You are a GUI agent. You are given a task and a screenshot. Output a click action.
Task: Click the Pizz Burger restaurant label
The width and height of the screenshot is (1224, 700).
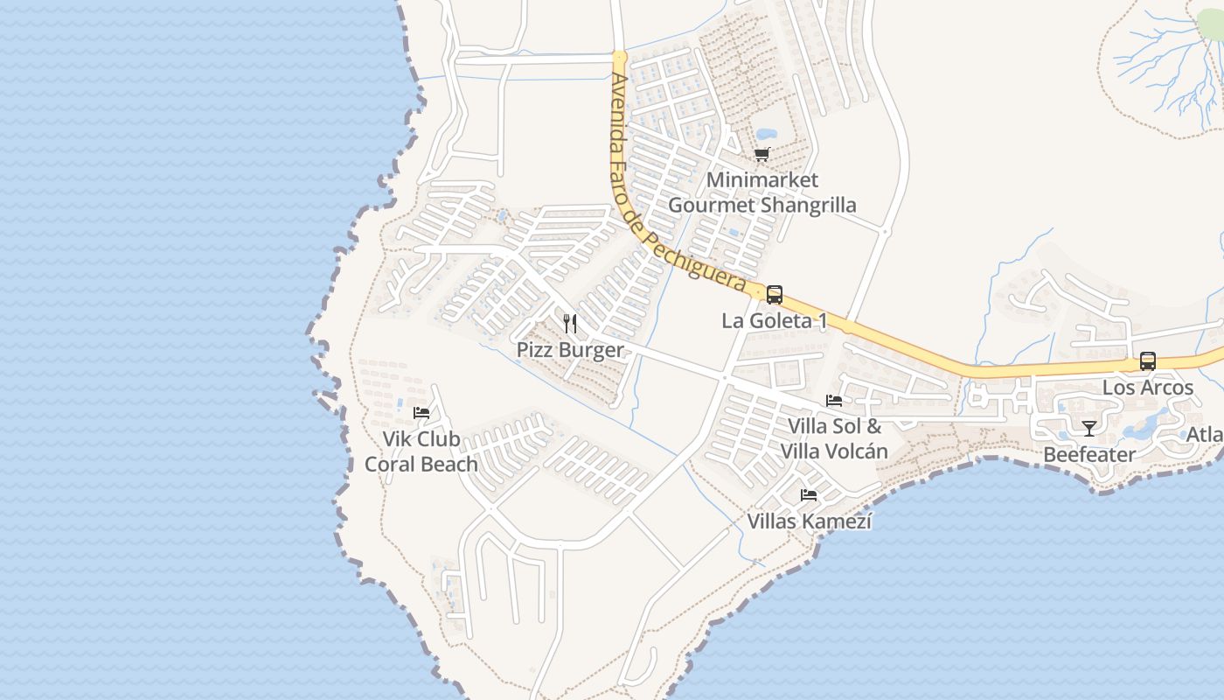pyautogui.click(x=570, y=350)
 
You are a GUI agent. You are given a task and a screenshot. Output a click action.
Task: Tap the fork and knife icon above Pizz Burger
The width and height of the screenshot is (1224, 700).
pyautogui.click(x=570, y=324)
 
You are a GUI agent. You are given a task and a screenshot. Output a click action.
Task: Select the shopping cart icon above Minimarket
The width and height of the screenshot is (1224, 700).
pyautogui.click(x=762, y=155)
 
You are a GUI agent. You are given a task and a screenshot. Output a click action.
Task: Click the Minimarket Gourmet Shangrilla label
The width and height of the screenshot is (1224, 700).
pyautogui.click(x=762, y=192)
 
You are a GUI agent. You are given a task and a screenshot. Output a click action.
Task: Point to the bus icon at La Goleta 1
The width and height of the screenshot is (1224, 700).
pyautogui.click(x=775, y=295)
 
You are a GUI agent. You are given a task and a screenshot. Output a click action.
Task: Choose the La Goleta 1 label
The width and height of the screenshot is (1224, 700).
pyautogui.click(x=774, y=321)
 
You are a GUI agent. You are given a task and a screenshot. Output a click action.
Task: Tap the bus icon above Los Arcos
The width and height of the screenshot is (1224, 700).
pyautogui.click(x=1147, y=361)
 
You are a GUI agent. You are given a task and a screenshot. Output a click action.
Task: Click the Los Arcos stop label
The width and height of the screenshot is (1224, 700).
pyautogui.click(x=1147, y=388)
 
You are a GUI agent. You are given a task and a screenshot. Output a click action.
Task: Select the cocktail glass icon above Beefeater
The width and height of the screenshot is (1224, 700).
pyautogui.click(x=1089, y=428)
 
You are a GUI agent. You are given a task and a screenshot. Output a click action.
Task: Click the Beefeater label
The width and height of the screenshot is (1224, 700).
pyautogui.click(x=1089, y=454)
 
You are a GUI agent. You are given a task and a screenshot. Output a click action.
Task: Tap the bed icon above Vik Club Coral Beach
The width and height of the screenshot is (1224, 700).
pyautogui.click(x=421, y=412)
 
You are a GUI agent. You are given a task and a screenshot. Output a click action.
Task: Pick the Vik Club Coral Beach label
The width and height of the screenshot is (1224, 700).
pyautogui.click(x=421, y=451)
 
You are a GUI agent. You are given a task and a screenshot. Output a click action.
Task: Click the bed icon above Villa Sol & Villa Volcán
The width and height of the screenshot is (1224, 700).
pyautogui.click(x=834, y=401)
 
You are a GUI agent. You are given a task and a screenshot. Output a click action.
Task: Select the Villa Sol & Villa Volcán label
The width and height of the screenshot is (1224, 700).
pyautogui.click(x=834, y=439)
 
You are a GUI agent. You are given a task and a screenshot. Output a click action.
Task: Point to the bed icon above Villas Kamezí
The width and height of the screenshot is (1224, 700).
pyautogui.click(x=809, y=495)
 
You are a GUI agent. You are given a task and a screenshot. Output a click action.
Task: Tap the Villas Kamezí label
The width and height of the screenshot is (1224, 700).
pyautogui.click(x=810, y=521)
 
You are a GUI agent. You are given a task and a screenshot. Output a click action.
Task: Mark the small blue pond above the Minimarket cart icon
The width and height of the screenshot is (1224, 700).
pyautogui.click(x=766, y=135)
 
